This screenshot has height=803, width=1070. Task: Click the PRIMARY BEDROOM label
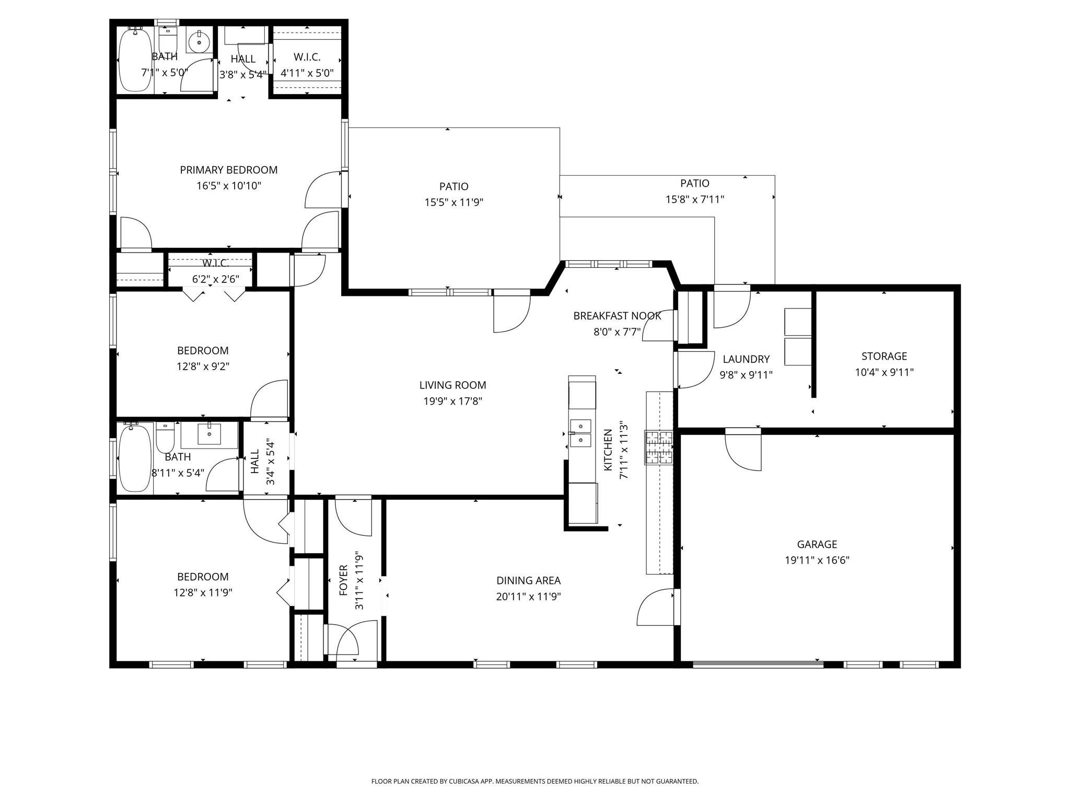(x=228, y=170)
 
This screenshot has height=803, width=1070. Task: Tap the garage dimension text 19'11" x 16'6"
(x=817, y=560)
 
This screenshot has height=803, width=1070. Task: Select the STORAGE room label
(x=883, y=357)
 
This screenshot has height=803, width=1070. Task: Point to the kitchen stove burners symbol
(x=659, y=448)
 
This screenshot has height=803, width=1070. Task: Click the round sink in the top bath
(x=199, y=41)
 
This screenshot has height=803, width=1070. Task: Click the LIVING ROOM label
(x=452, y=385)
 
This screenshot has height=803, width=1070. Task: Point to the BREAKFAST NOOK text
(x=617, y=316)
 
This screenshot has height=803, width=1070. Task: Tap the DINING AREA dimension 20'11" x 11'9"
(x=528, y=596)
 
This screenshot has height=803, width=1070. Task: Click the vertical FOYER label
(x=344, y=580)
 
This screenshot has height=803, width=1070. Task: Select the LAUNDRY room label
(x=746, y=359)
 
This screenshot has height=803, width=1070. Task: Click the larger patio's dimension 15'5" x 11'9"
(x=453, y=202)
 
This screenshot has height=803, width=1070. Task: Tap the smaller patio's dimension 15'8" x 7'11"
(x=694, y=199)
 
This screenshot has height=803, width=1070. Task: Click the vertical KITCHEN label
(x=608, y=450)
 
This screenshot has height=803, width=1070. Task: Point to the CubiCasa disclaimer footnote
(x=534, y=782)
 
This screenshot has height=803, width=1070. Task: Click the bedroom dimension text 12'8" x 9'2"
(x=203, y=366)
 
